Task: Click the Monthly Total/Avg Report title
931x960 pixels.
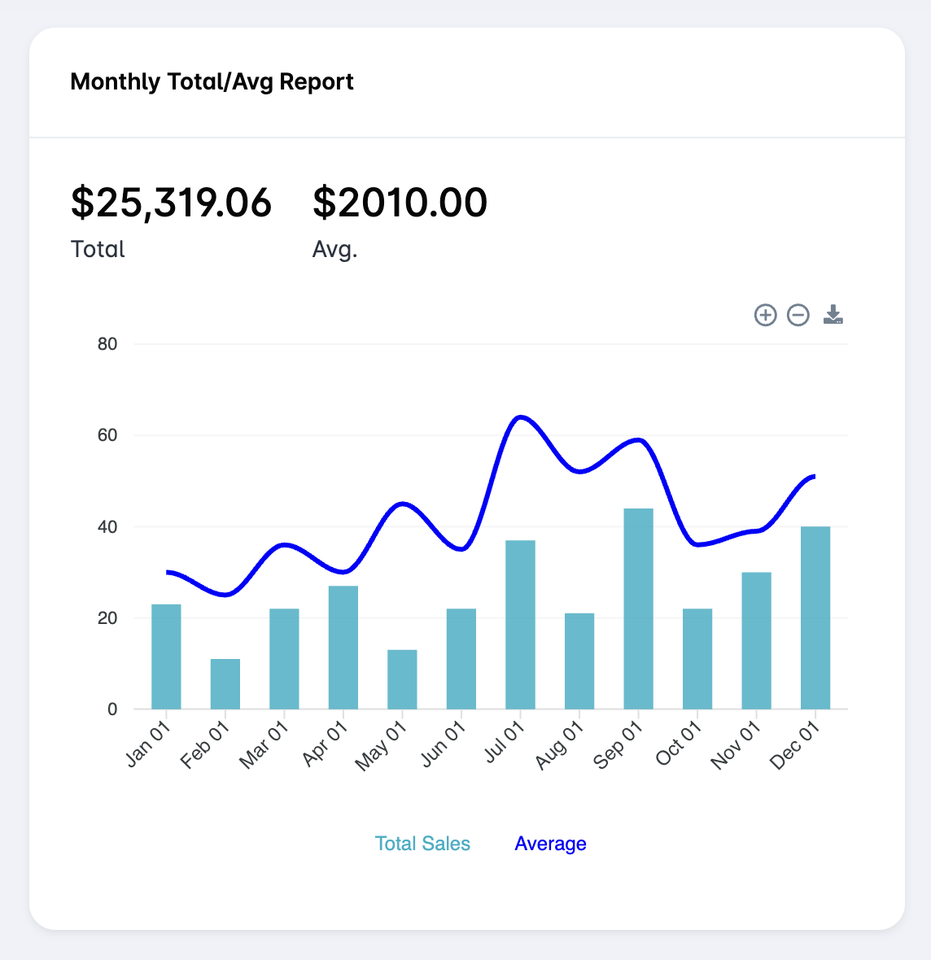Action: pos(212,82)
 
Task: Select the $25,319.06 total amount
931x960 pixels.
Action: pos(171,203)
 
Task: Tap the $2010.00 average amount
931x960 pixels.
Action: pos(400,203)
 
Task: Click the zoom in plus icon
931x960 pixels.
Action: pos(765,315)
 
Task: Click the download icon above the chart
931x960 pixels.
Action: pos(833,315)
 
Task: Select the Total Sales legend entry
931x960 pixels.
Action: pos(422,844)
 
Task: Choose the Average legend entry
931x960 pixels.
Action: pos(550,844)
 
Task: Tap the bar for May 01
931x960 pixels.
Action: pos(402,679)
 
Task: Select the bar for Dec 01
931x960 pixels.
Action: pos(815,617)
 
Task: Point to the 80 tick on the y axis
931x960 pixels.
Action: pos(107,344)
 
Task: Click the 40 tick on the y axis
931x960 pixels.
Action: pos(107,527)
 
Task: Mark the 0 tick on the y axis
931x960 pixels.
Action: pos(112,709)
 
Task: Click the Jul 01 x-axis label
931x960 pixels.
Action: pos(505,744)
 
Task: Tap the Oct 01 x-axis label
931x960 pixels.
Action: pos(679,744)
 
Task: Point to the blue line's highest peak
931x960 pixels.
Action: pos(520,417)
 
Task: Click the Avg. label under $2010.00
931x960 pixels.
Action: pos(334,249)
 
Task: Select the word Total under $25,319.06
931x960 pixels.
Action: pos(98,249)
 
